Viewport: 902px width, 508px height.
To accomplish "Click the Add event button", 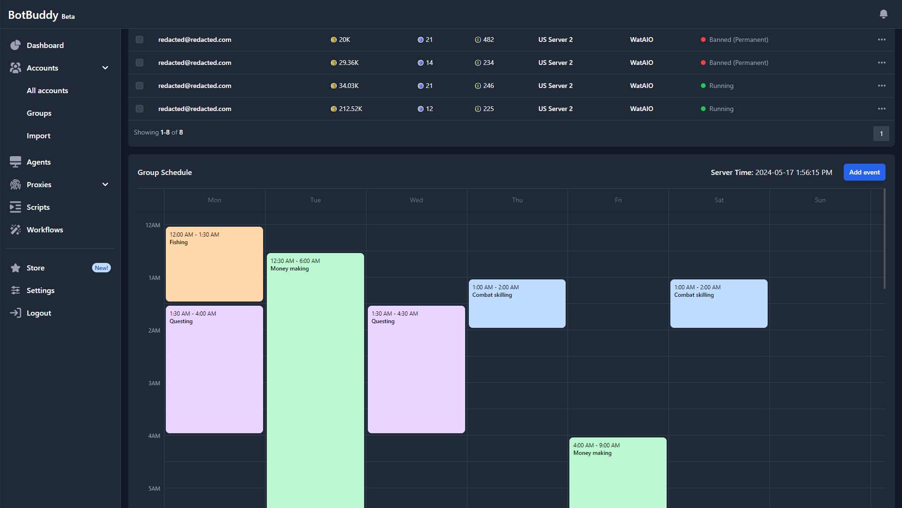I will tap(864, 172).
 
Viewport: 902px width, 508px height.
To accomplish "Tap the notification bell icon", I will tap(883, 14).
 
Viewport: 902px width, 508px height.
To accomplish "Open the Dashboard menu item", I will tap(45, 45).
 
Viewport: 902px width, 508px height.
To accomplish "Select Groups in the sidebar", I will tap(39, 113).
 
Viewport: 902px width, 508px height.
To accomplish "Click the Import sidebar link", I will tap(39, 135).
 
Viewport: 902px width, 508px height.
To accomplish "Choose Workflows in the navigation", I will tap(45, 230).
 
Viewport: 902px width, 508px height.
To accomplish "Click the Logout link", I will tap(39, 313).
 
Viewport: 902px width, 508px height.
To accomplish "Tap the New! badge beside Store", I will tap(101, 268).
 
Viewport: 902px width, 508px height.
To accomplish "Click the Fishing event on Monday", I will tap(214, 264).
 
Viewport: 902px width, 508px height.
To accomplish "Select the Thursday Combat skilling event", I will tap(517, 303).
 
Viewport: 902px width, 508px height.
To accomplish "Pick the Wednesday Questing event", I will tap(416, 369).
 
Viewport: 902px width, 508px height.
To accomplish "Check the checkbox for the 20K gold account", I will tap(140, 40).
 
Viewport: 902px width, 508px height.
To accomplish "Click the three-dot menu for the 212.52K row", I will tap(881, 109).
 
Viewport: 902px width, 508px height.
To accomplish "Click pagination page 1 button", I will tap(881, 134).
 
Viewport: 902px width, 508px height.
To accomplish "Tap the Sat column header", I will tap(719, 200).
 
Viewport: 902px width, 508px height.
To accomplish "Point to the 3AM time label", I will tap(154, 383).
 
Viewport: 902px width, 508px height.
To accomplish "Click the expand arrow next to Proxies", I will tap(105, 184).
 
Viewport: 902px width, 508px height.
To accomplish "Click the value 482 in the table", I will tap(488, 40).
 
